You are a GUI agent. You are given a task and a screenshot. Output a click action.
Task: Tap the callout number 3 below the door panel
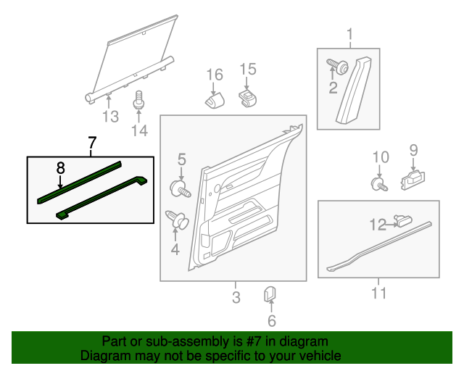pos(236,296)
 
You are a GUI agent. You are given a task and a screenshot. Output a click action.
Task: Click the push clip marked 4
pos(177,218)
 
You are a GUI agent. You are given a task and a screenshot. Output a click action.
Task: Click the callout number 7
pos(91,143)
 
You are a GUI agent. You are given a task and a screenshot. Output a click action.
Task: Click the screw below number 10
pos(379,183)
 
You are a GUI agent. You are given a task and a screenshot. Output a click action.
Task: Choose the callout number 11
pos(378,293)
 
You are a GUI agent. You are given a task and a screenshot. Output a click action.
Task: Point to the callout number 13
pos(109,117)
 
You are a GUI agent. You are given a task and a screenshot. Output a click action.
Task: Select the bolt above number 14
pos(138,99)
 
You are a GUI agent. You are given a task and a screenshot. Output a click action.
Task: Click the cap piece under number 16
pos(214,100)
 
